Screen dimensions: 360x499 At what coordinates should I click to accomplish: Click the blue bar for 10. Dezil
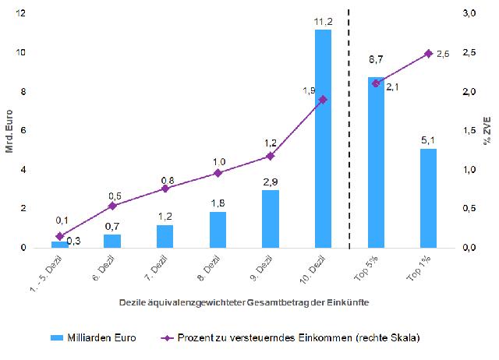coord(323,139)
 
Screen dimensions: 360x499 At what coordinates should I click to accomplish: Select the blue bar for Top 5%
coord(376,162)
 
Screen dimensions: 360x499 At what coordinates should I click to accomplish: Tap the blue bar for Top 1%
coord(428,198)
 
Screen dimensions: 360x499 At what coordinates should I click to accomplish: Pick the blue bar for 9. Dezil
coord(271,219)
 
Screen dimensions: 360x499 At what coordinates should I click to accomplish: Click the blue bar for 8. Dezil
coord(218,230)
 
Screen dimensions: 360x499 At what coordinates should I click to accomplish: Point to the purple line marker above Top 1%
coord(428,53)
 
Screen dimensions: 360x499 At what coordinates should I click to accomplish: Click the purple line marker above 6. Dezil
coord(112,206)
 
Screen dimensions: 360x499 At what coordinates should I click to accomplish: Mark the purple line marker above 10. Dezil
coord(323,100)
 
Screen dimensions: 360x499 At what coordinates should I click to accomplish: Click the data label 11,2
coord(324,22)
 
